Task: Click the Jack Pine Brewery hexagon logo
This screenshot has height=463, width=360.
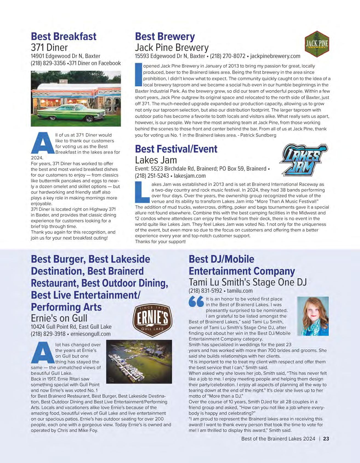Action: point(317,44)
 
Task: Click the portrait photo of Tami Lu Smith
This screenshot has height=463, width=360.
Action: point(313,316)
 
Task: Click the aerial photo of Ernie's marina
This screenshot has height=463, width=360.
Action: point(139,362)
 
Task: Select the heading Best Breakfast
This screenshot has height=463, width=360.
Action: point(64,36)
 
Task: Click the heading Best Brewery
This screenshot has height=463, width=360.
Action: point(165,36)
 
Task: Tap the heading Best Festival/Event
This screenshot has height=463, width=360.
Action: point(176,149)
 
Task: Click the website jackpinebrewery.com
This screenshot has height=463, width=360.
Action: point(275,56)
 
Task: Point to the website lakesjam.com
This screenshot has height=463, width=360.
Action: point(190,176)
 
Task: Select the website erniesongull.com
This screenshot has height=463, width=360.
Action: point(90,334)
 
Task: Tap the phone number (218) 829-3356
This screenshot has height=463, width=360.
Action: point(48,63)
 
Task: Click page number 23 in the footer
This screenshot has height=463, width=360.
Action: point(326,439)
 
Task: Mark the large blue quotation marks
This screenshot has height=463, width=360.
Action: point(196,302)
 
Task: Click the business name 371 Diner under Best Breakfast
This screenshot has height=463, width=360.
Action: point(49,47)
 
